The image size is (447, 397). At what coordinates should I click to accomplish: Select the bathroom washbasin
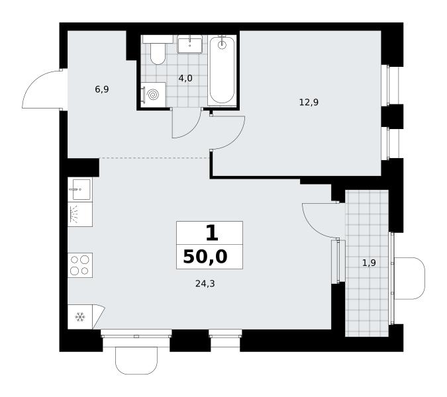pyautogui.click(x=189, y=44)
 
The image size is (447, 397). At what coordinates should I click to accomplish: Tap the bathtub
pyautogui.click(x=222, y=70)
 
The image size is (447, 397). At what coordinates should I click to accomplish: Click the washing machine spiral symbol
pyautogui.click(x=154, y=95)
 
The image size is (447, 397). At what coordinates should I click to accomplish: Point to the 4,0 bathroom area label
pyautogui.click(x=185, y=78)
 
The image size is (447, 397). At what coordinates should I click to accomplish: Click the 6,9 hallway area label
pyautogui.click(x=102, y=90)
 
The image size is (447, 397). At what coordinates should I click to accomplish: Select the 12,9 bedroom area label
pyautogui.click(x=309, y=102)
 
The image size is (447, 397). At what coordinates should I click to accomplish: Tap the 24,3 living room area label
pyautogui.click(x=205, y=283)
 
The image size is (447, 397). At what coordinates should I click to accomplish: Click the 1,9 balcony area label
pyautogui.click(x=369, y=263)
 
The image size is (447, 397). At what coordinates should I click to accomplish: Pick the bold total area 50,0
pyautogui.click(x=205, y=257)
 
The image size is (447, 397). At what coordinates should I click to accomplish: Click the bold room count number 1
pyautogui.click(x=212, y=233)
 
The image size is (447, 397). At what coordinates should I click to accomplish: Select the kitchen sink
pyautogui.click(x=80, y=189)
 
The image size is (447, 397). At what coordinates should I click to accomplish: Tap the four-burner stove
pyautogui.click(x=80, y=265)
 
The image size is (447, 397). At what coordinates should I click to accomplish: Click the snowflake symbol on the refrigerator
pyautogui.click(x=80, y=317)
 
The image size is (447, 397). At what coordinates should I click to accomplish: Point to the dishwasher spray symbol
pyautogui.click(x=74, y=214)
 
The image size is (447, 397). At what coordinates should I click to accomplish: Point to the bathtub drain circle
pyautogui.click(x=222, y=44)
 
